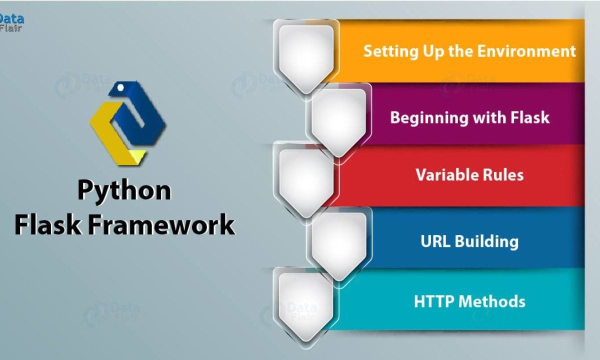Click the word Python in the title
tap(124, 191)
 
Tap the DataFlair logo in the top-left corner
tap(11, 22)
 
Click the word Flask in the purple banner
tap(526, 117)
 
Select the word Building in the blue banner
tap(486, 241)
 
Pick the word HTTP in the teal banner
tap(433, 301)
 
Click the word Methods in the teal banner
tap(492, 301)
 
